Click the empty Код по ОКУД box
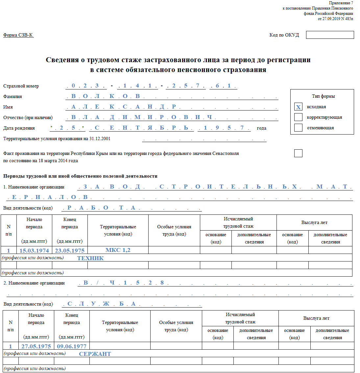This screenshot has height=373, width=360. (x=330, y=35)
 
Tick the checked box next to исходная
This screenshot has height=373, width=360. (x=298, y=107)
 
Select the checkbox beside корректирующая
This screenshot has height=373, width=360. (x=298, y=117)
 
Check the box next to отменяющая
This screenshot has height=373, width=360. (x=298, y=128)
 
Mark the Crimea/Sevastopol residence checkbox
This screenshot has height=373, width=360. (x=298, y=153)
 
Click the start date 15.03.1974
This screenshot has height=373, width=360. (x=34, y=251)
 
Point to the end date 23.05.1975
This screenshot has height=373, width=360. (x=70, y=251)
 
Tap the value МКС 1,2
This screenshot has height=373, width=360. (x=118, y=250)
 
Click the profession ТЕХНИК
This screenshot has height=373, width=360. (x=90, y=258)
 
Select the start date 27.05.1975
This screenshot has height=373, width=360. (x=36, y=346)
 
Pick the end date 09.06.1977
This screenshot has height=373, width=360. (x=72, y=346)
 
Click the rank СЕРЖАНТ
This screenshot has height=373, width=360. (x=95, y=354)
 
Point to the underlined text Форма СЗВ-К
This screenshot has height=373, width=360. (x=18, y=35)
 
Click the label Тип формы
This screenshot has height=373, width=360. (x=323, y=96)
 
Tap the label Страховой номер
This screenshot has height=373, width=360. (x=21, y=86)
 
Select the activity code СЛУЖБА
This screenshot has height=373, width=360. (x=101, y=304)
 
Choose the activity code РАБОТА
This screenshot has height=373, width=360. (x=101, y=208)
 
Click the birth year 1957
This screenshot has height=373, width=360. (x=224, y=128)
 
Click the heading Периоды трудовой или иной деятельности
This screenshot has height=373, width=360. (x=80, y=176)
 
